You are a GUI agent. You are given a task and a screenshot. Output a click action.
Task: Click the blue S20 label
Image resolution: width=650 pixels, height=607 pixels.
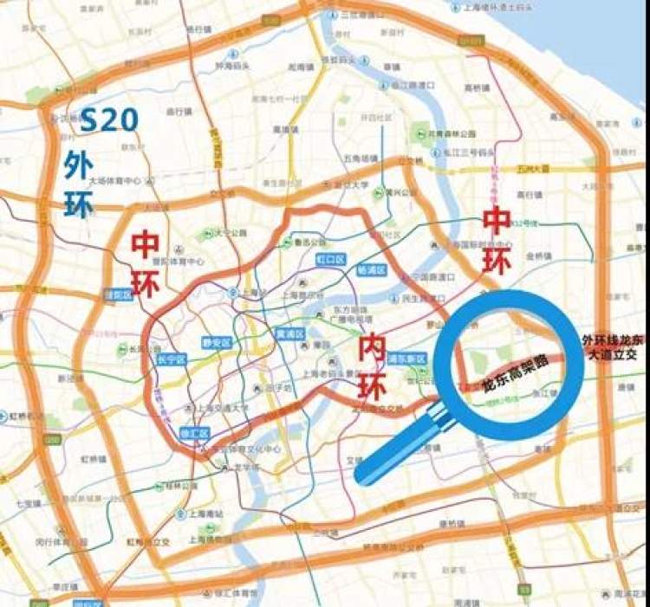click(108, 120)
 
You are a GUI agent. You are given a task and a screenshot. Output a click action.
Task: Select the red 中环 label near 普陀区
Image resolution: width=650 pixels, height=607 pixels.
click(145, 263)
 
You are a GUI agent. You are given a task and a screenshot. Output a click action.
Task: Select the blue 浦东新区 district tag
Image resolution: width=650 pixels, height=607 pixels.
click(404, 358)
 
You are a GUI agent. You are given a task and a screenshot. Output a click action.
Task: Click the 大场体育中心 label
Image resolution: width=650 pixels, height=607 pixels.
click(114, 182)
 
